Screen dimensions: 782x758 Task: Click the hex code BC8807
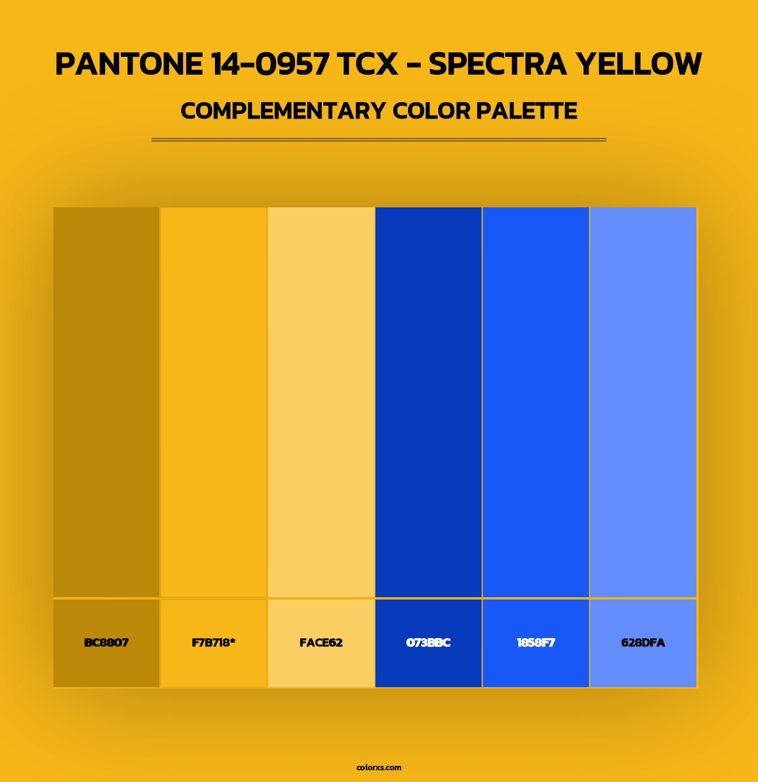point(107,643)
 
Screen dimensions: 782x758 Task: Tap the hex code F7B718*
point(214,643)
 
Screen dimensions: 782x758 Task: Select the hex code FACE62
point(321,643)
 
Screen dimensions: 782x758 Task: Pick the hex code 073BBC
point(428,643)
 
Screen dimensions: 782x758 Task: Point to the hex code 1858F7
point(535,643)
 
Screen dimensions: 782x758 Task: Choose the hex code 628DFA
point(643,643)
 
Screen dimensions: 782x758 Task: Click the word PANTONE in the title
point(129,64)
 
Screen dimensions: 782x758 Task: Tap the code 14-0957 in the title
point(271,64)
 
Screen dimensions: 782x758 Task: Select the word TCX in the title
point(368,64)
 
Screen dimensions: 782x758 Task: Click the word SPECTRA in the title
point(497,64)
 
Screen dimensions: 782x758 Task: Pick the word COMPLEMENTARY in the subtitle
point(283,111)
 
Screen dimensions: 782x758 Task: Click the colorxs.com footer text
point(379,767)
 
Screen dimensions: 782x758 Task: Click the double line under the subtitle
point(379,140)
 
